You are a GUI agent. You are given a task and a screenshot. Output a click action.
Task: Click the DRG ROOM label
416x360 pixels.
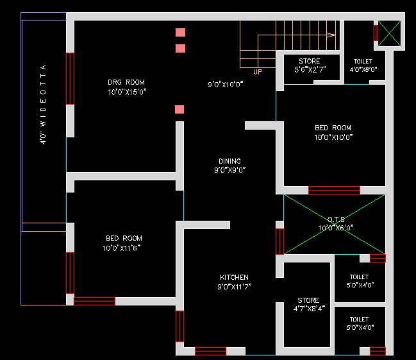coord(126,82)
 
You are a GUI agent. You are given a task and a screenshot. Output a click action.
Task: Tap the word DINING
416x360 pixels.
coord(229,161)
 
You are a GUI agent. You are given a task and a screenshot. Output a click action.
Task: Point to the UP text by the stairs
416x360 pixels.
coord(258,72)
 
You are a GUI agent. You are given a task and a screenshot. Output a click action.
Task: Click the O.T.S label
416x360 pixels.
coord(336,219)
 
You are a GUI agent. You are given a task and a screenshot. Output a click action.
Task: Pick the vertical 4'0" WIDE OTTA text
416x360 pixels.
coord(44,104)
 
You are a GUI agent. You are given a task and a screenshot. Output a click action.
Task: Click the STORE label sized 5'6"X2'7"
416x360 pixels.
coord(309,62)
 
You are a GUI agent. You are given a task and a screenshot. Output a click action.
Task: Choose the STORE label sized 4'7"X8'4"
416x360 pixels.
coord(308,300)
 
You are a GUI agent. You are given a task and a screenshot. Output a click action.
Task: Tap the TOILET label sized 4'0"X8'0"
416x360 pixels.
coord(363,62)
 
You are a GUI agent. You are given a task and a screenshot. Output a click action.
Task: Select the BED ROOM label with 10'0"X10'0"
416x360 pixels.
coord(333,128)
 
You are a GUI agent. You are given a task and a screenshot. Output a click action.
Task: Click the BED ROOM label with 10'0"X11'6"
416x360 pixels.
coord(124,238)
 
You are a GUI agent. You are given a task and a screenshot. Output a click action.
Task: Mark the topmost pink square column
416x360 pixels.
coord(181,32)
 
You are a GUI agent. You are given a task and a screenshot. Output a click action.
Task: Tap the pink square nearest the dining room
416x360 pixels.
coord(180,109)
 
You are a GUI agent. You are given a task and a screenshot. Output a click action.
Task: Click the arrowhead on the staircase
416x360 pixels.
coord(331,35)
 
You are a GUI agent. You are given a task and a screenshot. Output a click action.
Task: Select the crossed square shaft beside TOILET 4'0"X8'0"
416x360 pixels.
coord(388,33)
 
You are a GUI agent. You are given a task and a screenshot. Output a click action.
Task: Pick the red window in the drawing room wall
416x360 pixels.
coord(70,78)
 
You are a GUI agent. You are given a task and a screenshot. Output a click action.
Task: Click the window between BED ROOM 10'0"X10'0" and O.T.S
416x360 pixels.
coord(333,190)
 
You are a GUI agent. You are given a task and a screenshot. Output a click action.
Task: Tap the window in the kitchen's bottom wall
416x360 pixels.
coord(210,351)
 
